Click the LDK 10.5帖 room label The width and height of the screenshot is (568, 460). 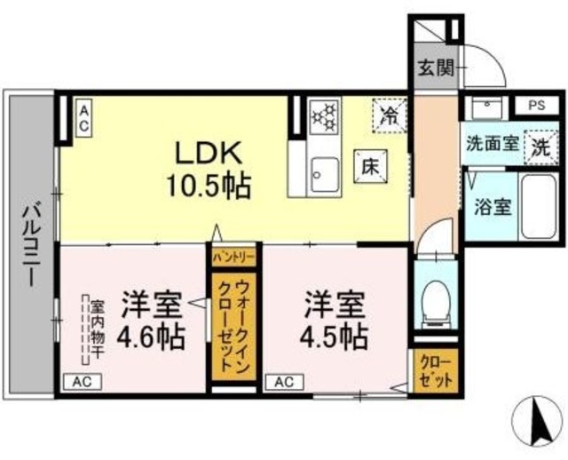(211, 169)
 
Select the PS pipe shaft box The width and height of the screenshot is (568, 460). (535, 105)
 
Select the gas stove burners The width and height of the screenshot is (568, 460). (324, 115)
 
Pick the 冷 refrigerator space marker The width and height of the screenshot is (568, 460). (388, 113)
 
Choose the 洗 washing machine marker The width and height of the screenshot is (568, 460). (539, 146)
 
